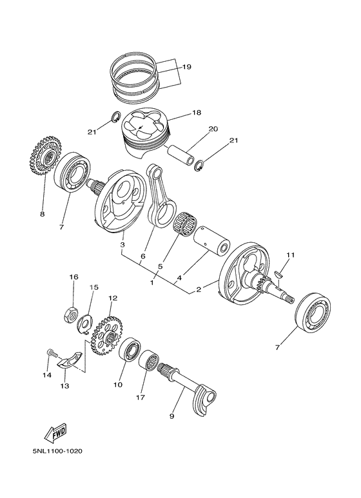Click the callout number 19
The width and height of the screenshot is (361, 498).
pyautogui.click(x=186, y=66)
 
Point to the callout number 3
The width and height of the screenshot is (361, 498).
pyautogui.click(x=122, y=245)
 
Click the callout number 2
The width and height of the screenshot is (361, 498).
pyautogui.click(x=198, y=290)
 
